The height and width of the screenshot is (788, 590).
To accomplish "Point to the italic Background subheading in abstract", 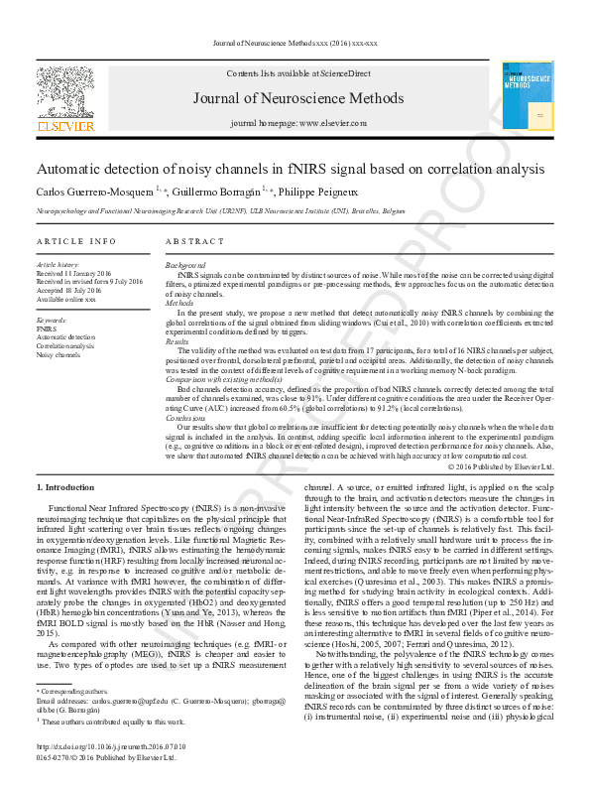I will click(x=185, y=265).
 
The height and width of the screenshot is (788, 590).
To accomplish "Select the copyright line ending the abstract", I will click(x=501, y=466).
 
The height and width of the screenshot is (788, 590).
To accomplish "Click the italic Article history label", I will click(x=59, y=265).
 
